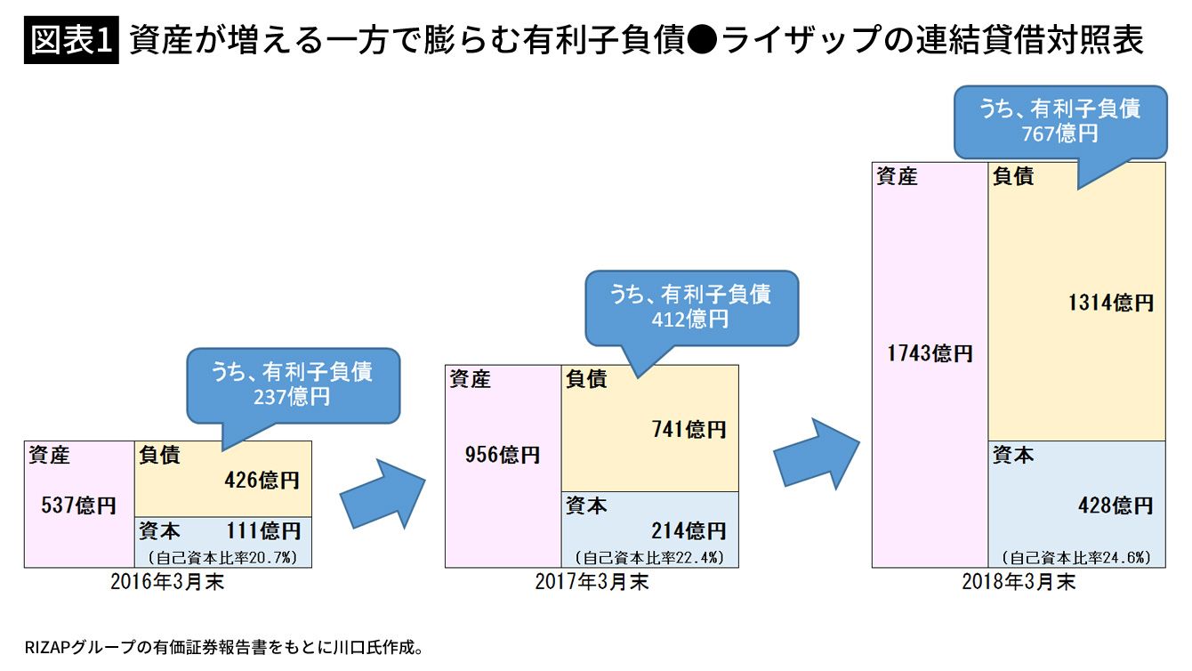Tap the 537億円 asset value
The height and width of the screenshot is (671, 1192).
(79, 506)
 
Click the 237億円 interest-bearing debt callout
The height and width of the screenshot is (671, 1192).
(292, 384)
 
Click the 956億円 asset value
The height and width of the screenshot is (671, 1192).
(503, 455)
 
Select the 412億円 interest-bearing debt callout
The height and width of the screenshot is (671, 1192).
(690, 306)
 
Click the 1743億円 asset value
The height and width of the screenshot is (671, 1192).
(930, 353)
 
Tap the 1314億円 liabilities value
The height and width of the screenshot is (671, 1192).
(1111, 303)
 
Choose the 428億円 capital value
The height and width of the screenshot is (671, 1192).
(1115, 505)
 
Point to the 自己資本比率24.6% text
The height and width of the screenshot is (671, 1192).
(1076, 558)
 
